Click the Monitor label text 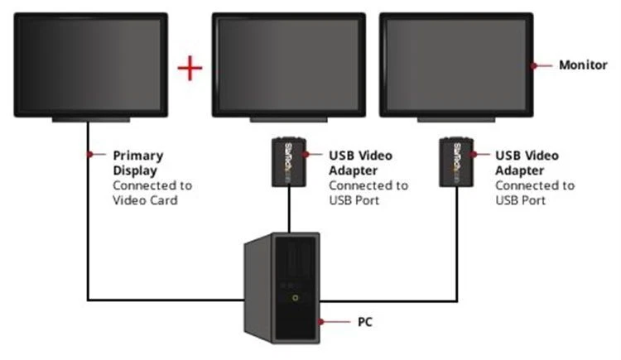coord(583,65)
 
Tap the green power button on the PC coord(293,296)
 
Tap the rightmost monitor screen coord(456,65)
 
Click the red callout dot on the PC coord(318,319)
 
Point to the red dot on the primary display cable coord(88,154)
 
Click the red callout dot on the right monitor coord(534,65)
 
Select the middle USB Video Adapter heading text coord(360,161)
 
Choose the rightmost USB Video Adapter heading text coord(527,161)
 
